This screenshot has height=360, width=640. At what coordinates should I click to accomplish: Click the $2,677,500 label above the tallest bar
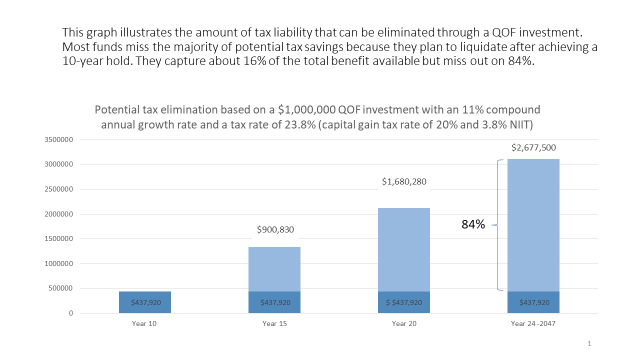click(x=533, y=148)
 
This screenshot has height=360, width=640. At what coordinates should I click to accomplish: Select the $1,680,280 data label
click(x=404, y=181)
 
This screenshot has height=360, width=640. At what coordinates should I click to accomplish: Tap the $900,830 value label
click(x=275, y=230)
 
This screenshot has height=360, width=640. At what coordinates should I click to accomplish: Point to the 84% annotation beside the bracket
click(x=473, y=225)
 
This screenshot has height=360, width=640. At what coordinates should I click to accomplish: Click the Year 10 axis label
click(x=144, y=323)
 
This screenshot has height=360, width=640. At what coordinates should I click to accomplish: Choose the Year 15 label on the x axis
click(x=274, y=323)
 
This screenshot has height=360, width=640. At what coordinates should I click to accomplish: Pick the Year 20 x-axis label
click(x=404, y=323)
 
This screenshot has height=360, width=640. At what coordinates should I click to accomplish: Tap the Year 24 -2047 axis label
click(x=533, y=323)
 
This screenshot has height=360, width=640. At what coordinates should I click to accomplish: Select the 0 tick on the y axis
click(x=71, y=313)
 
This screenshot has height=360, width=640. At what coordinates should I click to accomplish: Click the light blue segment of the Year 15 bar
click(x=274, y=269)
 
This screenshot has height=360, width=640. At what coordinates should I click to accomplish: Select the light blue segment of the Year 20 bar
click(x=404, y=250)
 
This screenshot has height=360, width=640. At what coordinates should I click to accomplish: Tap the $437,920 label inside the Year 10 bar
click(x=145, y=302)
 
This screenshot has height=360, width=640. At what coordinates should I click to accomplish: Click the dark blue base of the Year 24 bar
click(x=533, y=302)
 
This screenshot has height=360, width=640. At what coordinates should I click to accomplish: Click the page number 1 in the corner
click(x=589, y=343)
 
